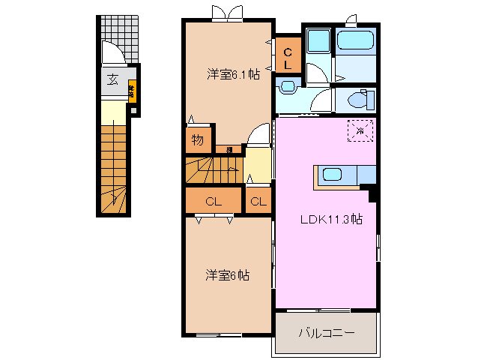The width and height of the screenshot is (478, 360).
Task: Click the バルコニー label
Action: coord(327,332)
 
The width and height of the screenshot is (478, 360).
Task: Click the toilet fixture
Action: coord(358,100)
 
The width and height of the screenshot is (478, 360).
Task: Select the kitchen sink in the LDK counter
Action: coord(332,175)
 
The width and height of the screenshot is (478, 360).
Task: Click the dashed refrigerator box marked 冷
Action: coord(360,130)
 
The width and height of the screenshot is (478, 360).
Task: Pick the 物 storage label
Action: coord(197,140)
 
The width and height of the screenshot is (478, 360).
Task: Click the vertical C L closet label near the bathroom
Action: coord(287,57)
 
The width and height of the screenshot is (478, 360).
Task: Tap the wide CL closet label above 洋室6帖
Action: coord(213,201)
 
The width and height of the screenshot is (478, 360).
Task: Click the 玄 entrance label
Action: coord(112,80)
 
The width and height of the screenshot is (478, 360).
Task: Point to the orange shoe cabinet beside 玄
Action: coord(131,90)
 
